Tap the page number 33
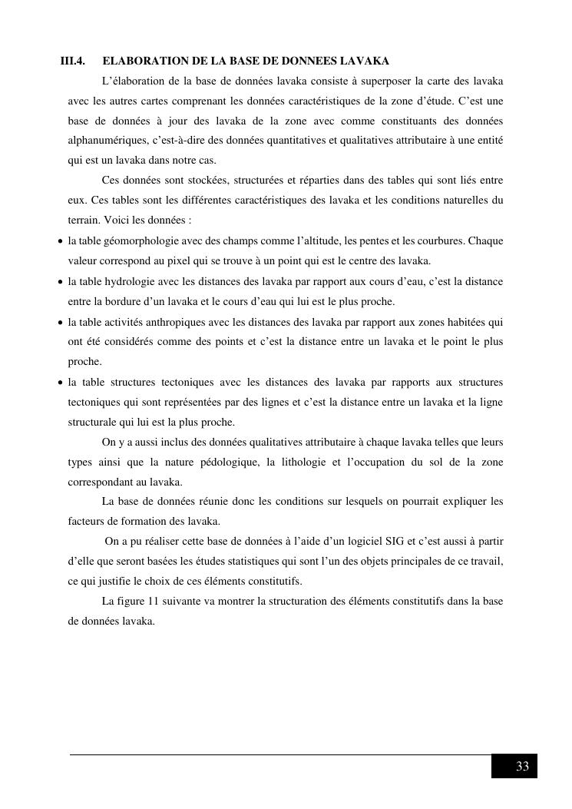(522, 767)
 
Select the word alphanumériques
(104, 141)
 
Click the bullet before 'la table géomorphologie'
(61, 241)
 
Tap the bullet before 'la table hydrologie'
(61, 282)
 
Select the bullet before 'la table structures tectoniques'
(61, 382)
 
